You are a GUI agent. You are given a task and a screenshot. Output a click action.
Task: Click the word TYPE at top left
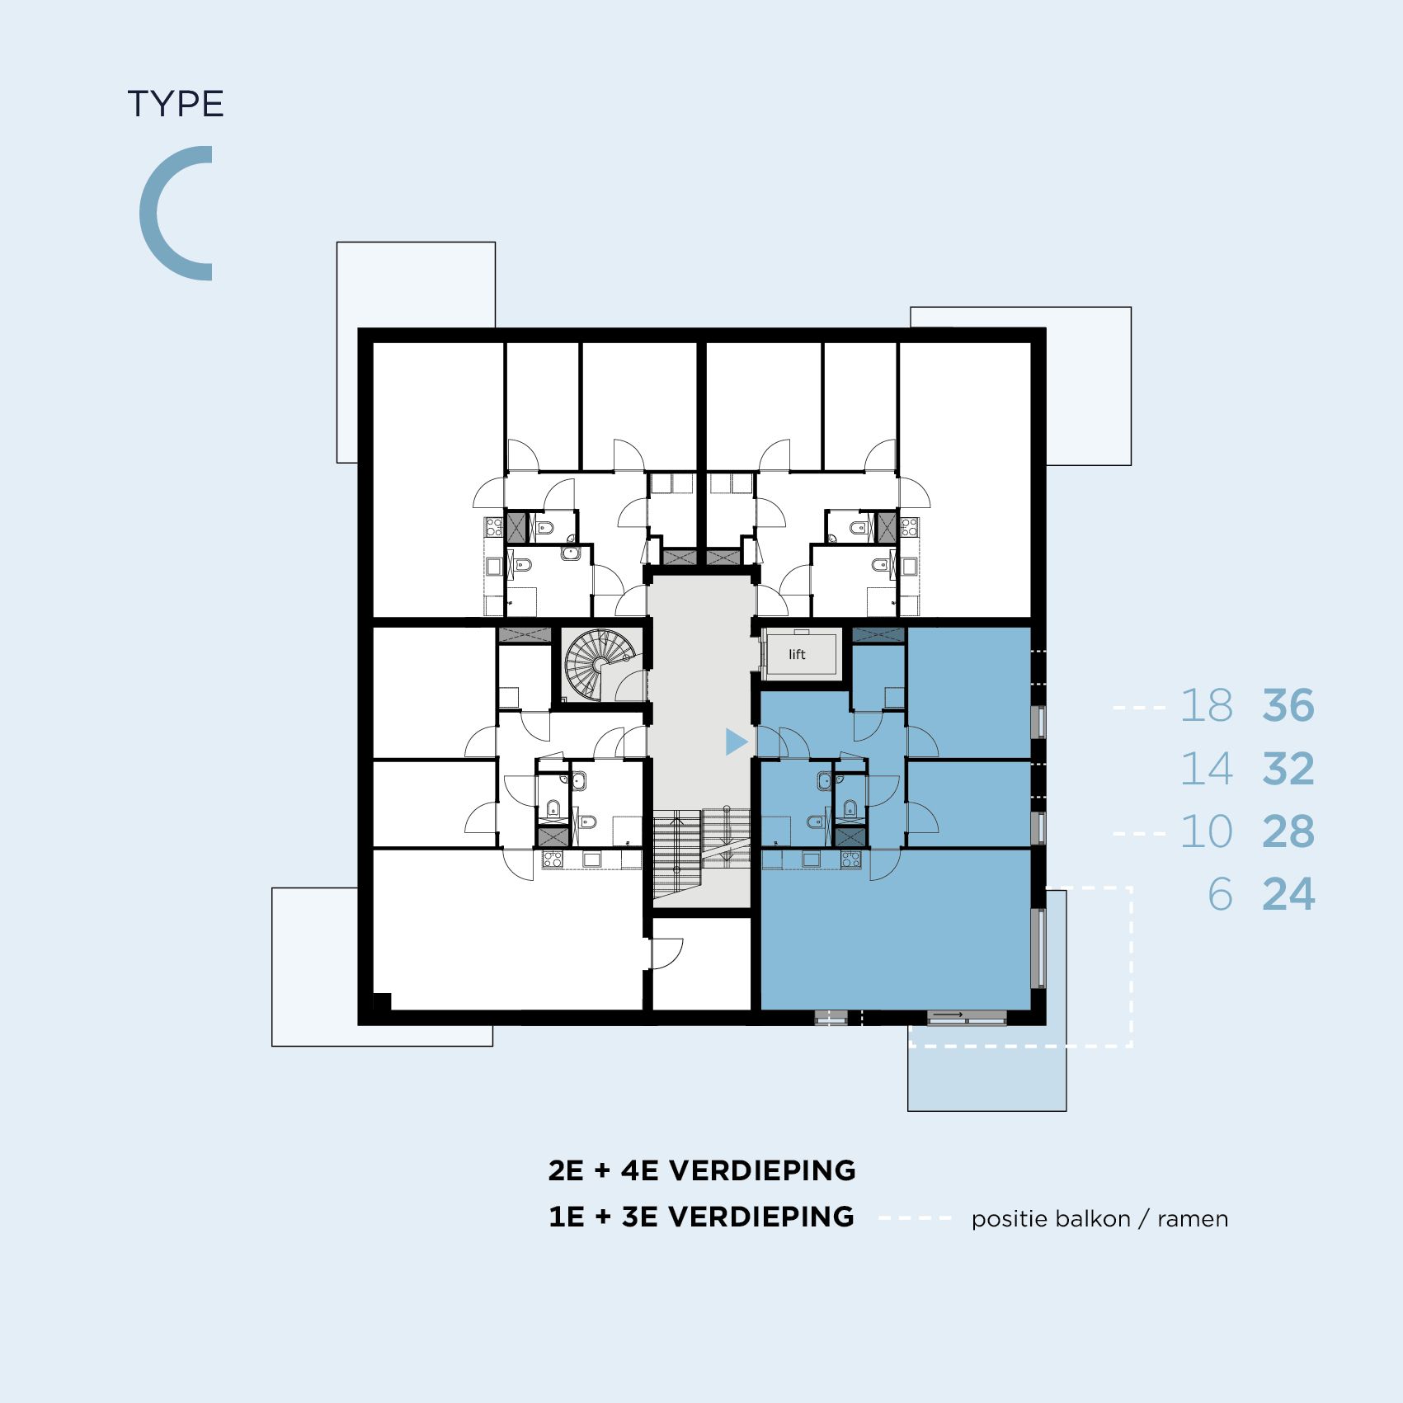pyautogui.click(x=176, y=105)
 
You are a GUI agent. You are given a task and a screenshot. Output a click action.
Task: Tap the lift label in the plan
pyautogui.click(x=797, y=654)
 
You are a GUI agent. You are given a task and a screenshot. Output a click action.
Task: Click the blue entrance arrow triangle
pyautogui.click(x=735, y=742)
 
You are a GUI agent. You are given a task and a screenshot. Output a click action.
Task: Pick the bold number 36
pyautogui.click(x=1288, y=706)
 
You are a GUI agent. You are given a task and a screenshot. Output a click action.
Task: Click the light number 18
pyautogui.click(x=1207, y=706)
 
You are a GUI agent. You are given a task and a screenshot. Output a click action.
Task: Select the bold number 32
pyautogui.click(x=1288, y=769)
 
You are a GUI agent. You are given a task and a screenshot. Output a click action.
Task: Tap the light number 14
pyautogui.click(x=1207, y=769)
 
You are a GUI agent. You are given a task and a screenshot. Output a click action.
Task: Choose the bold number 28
pyautogui.click(x=1288, y=831)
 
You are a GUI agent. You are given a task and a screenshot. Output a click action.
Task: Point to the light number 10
pyautogui.click(x=1207, y=831)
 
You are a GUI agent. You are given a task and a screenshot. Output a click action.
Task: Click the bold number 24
pyautogui.click(x=1288, y=894)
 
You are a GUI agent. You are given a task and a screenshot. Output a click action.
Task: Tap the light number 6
pyautogui.click(x=1220, y=894)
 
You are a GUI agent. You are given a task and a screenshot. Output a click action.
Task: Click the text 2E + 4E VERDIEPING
pyautogui.click(x=702, y=1170)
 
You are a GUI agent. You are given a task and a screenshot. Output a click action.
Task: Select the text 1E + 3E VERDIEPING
pyautogui.click(x=702, y=1217)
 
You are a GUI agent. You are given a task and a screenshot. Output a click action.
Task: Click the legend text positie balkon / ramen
pyautogui.click(x=1099, y=1219)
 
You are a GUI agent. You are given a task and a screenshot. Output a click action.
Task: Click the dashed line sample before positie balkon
pyautogui.click(x=916, y=1218)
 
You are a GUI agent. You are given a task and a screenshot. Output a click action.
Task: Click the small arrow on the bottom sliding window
pyautogui.click(x=948, y=1015)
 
